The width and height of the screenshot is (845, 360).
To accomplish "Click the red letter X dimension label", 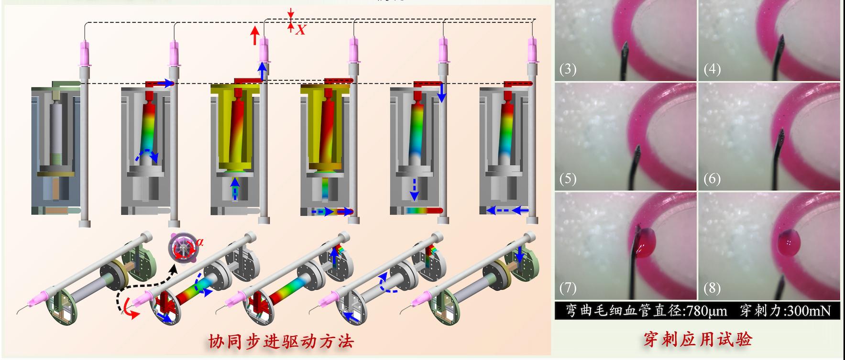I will tap(300, 30).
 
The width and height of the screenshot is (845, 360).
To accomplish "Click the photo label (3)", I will tap(568, 70).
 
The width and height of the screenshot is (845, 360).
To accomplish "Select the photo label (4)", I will tap(712, 70).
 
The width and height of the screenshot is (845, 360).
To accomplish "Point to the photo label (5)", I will tap(568, 179).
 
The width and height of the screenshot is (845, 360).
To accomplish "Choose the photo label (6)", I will tap(712, 179).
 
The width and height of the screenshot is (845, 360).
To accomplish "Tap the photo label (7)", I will tap(568, 288).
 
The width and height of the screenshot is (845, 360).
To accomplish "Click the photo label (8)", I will tap(712, 288).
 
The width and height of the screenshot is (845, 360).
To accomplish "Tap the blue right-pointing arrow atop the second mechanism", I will tap(165, 84).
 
